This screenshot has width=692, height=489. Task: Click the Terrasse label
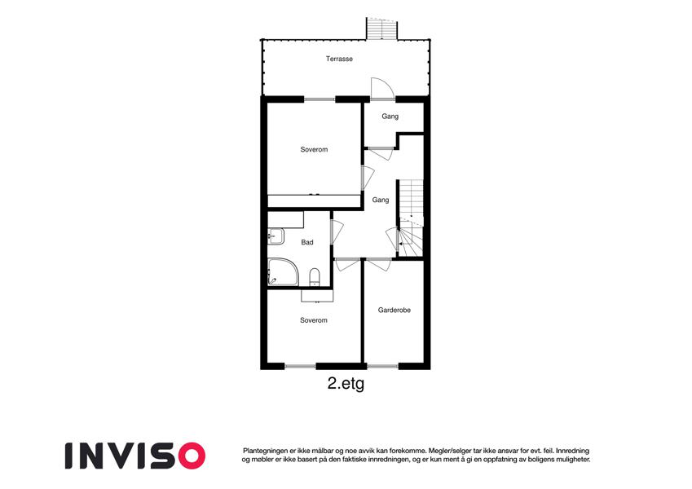point(339,59)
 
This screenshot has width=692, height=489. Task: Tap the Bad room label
point(307,242)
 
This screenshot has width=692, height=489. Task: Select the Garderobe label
point(394,311)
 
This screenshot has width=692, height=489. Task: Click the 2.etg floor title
point(346,384)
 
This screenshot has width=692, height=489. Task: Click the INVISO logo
point(135,456)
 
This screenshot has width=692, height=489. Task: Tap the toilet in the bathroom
point(315,277)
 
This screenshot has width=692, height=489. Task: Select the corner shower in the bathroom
point(283,272)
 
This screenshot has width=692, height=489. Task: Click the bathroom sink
point(275,236)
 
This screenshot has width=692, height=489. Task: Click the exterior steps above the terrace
point(381,29)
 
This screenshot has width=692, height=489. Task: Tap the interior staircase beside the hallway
point(411,218)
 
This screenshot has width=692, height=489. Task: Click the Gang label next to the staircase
point(381,200)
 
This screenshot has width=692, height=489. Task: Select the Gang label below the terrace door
point(390,117)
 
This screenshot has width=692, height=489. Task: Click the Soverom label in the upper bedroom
point(315,150)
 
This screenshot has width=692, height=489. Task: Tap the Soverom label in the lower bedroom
point(314,320)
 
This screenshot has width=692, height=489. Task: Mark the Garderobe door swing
point(379,264)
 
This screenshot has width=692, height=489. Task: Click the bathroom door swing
point(337,231)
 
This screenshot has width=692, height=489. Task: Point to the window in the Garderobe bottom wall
point(383,366)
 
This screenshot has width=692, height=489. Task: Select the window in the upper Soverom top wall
point(320,99)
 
